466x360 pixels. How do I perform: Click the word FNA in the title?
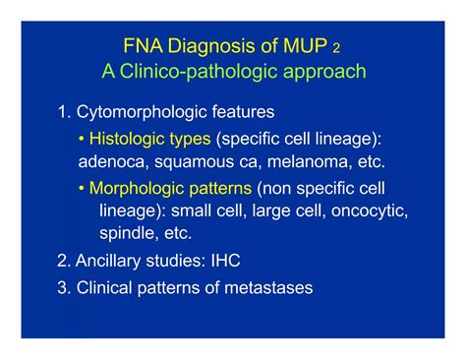[x=141, y=46]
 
